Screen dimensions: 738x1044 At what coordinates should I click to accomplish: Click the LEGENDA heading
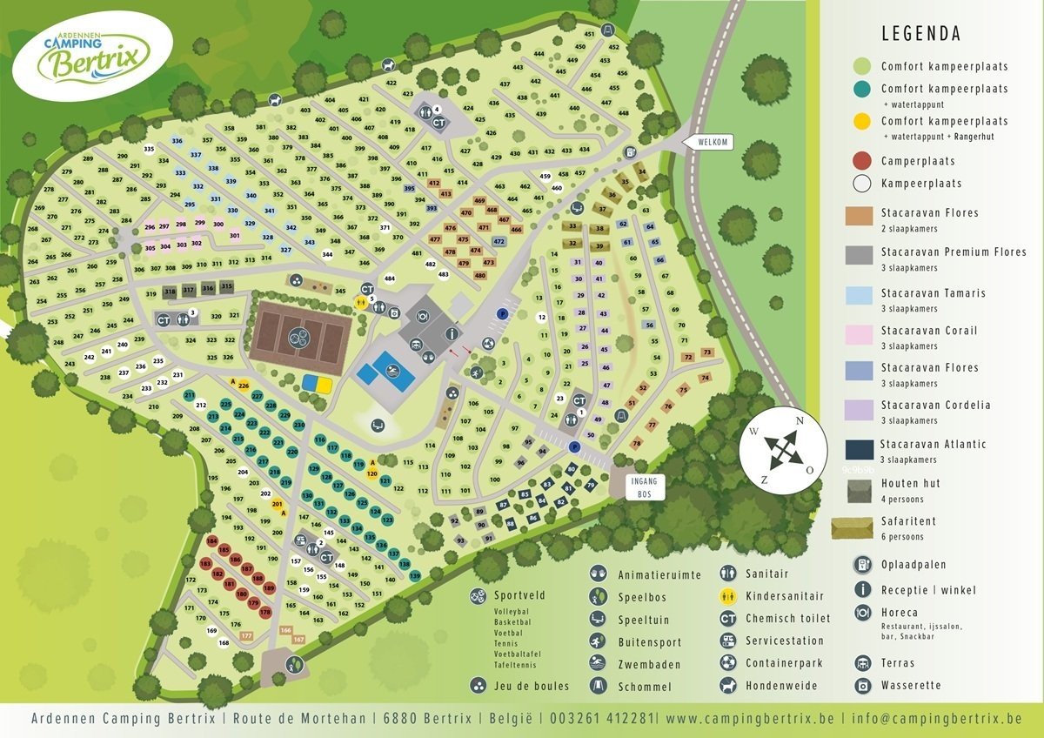[920, 34]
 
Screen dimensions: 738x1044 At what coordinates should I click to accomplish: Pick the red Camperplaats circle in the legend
[861, 160]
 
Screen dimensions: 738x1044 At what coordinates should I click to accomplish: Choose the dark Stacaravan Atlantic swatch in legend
[860, 449]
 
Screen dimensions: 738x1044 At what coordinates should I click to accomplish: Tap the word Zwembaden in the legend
[649, 664]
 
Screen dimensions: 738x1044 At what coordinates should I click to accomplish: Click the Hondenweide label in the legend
[782, 685]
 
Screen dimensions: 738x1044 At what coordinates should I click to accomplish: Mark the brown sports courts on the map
[299, 334]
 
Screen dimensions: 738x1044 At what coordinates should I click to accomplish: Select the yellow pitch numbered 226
[244, 386]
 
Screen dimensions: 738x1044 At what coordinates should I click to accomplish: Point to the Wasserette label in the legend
[911, 685]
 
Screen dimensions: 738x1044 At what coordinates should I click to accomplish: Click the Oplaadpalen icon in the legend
[862, 565]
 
